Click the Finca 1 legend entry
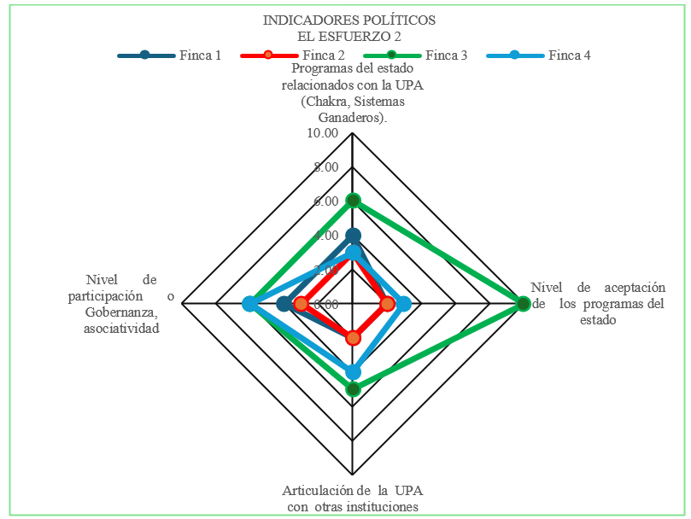pyautogui.click(x=169, y=55)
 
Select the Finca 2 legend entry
pyautogui.click(x=292, y=55)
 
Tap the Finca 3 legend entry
pyautogui.click(x=415, y=55)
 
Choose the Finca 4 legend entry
pyautogui.click(x=538, y=55)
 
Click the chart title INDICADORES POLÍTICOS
pyautogui.click(x=349, y=20)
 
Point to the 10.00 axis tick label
pyautogui.click(x=323, y=132)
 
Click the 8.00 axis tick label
pyautogui.click(x=326, y=167)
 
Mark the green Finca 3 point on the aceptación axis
pyautogui.click(x=523, y=304)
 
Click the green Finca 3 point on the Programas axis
pyautogui.click(x=353, y=201)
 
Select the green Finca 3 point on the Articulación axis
pyautogui.click(x=353, y=389)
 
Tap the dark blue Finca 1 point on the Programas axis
pyautogui.click(x=353, y=236)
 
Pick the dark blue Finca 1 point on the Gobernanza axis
pyautogui.click(x=284, y=304)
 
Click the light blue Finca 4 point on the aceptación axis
pyautogui.click(x=404, y=304)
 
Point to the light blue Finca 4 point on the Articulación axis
pyautogui.click(x=353, y=372)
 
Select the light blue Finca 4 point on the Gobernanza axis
pyautogui.click(x=250, y=304)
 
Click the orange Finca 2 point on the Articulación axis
pyautogui.click(x=353, y=338)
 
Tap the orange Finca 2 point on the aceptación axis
pyautogui.click(x=388, y=304)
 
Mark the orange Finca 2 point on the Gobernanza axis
pyautogui.click(x=302, y=304)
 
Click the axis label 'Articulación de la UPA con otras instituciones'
pyautogui.click(x=353, y=499)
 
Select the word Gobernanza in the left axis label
pyautogui.click(x=121, y=312)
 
